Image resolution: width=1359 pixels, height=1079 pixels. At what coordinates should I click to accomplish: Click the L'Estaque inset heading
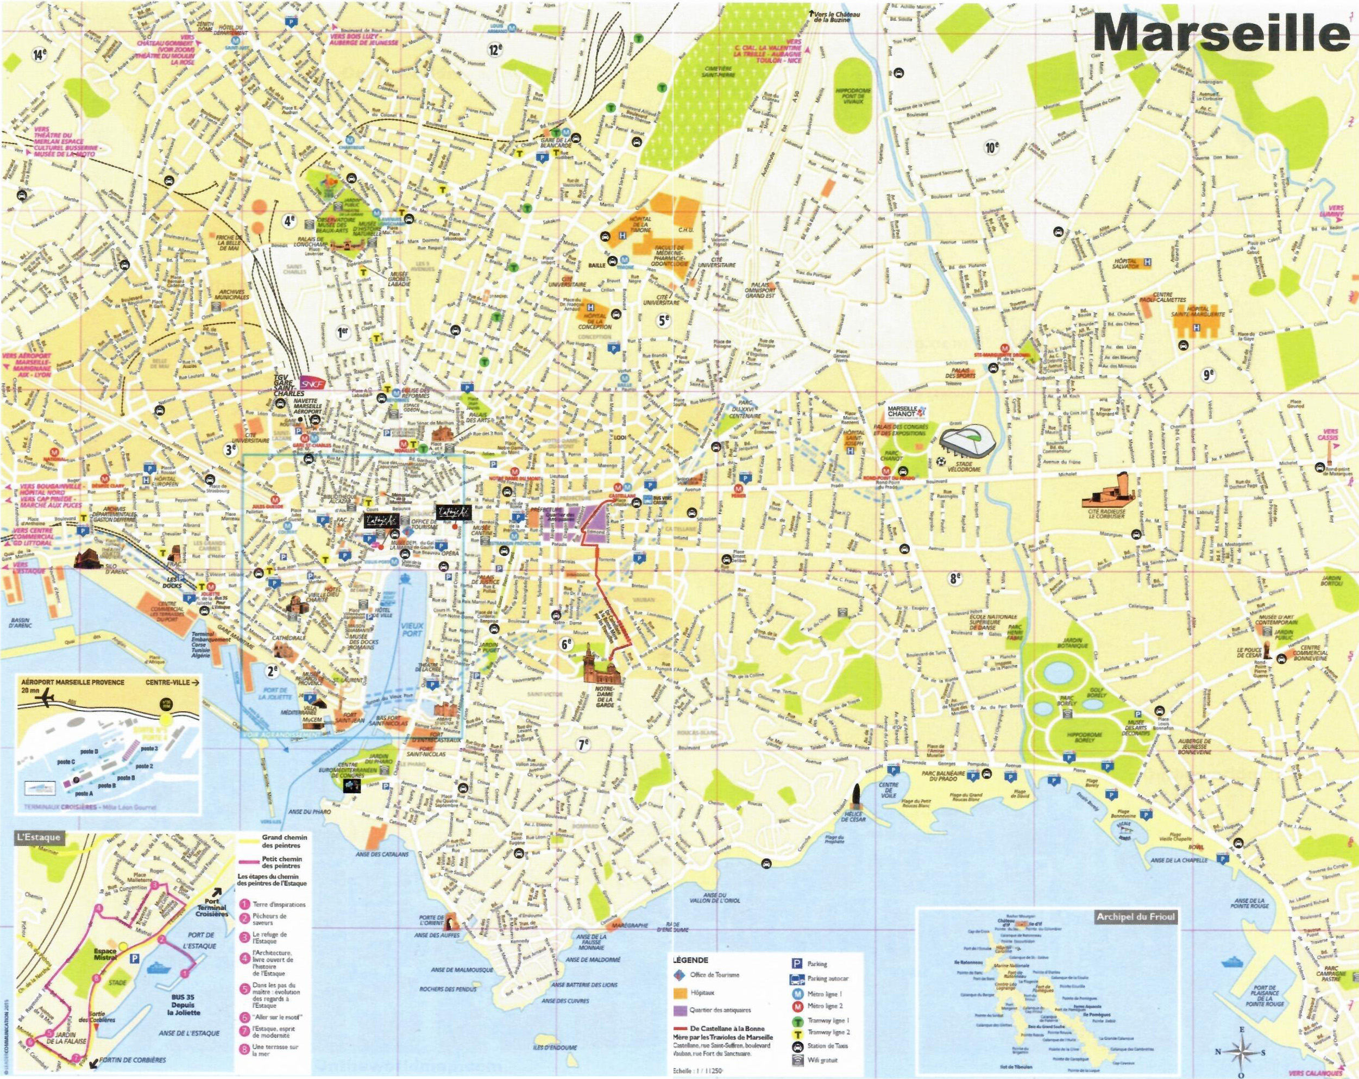(39, 837)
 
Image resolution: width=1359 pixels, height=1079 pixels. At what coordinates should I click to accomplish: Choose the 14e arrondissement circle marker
(40, 55)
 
